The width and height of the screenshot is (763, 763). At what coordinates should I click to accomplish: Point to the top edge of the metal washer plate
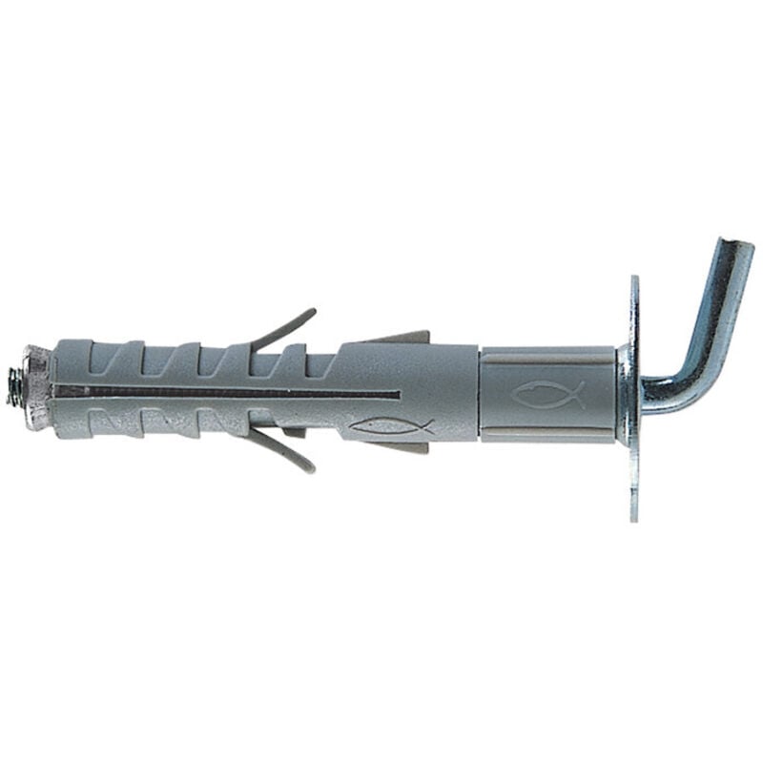(634, 280)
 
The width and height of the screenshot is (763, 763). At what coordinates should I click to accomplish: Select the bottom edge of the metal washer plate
(633, 515)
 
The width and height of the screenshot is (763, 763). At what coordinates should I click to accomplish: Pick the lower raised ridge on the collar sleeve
(547, 438)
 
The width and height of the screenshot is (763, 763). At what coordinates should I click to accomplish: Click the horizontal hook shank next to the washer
(658, 390)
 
